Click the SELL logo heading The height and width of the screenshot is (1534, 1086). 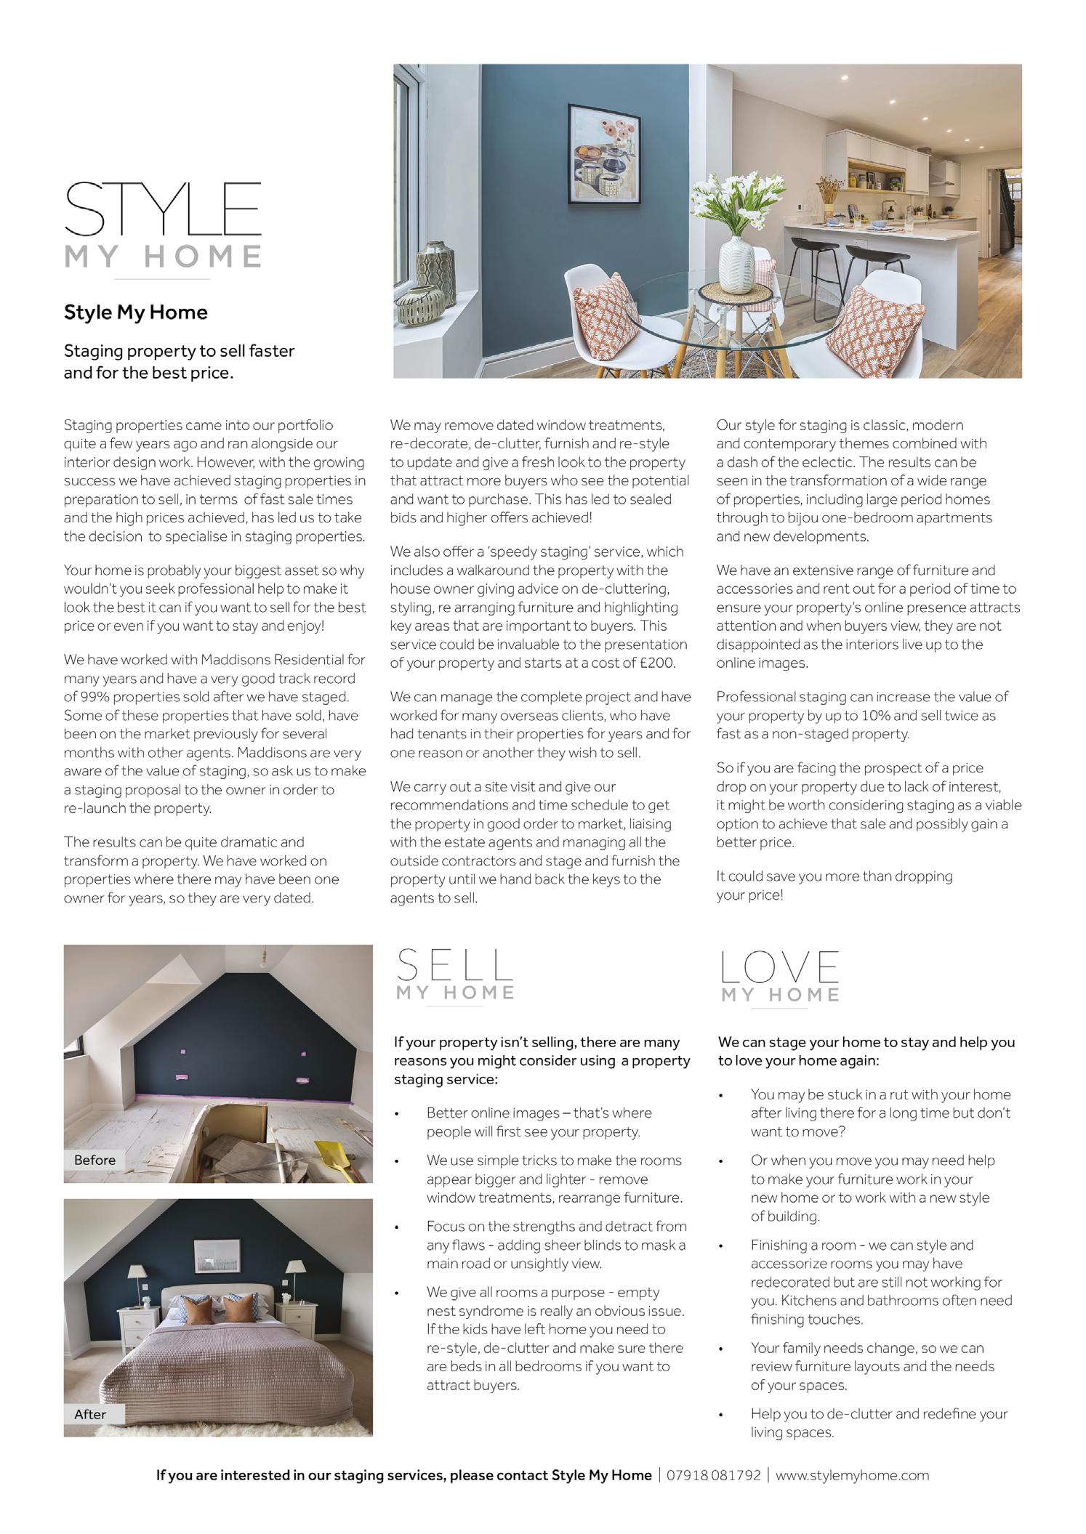point(455,966)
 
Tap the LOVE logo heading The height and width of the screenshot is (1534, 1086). point(780,968)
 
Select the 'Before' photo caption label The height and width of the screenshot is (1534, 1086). point(94,1160)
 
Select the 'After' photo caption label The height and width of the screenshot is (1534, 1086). point(90,1414)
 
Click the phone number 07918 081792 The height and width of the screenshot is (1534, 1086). point(713,1475)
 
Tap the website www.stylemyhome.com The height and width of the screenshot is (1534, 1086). point(852,1475)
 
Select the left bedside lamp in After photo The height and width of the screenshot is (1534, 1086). point(136,1275)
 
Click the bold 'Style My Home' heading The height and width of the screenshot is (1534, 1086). point(136,312)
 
